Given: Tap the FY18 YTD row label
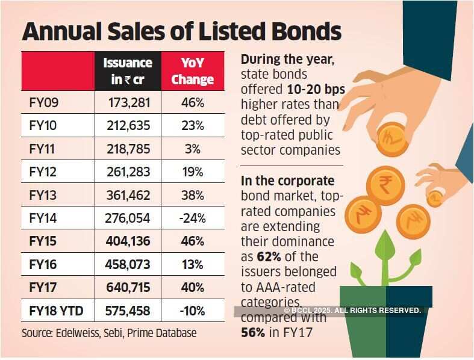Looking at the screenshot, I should tap(56, 311).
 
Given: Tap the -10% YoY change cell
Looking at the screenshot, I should tap(192, 311).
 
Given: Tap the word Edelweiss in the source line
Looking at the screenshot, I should tap(80, 332).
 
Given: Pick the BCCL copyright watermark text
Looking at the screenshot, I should tap(352, 310).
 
